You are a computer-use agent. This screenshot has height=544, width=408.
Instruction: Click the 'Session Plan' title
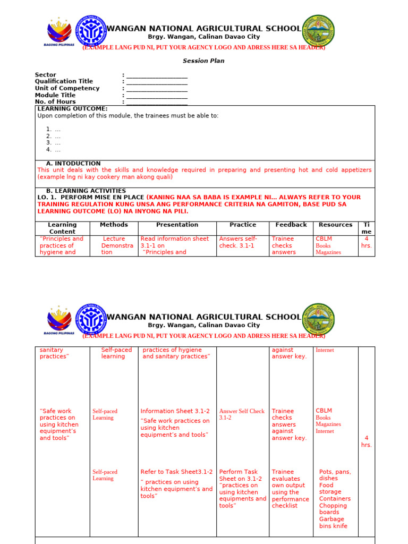tap(203, 61)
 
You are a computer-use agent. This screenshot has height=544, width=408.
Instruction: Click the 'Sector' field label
tap(45, 75)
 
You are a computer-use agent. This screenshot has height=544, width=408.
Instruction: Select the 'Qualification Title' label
tap(64, 82)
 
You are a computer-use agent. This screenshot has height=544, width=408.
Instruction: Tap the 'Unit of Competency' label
tap(67, 88)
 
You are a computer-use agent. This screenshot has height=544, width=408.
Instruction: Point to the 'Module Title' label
tap(55, 95)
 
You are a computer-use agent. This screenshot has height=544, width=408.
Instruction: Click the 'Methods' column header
tap(114, 225)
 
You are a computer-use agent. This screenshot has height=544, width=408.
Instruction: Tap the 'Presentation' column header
tap(177, 225)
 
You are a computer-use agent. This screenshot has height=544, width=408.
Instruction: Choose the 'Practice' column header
tap(243, 225)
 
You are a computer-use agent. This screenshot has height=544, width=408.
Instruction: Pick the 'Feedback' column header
tap(291, 225)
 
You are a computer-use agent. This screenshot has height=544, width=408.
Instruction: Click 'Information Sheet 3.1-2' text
tap(175, 411)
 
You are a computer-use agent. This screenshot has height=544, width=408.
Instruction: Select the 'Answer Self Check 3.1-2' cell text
tap(242, 414)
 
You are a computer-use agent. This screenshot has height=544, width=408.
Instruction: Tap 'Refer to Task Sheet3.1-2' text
tap(176, 472)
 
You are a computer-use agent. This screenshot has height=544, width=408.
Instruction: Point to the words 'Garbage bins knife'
tap(333, 523)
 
